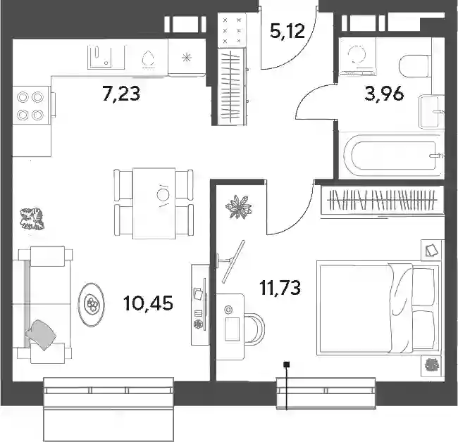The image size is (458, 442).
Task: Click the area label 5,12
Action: click(287, 32)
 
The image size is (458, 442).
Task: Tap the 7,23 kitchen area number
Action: click(121, 94)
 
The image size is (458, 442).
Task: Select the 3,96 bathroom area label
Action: click(384, 94)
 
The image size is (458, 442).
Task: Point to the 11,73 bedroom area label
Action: click(280, 288)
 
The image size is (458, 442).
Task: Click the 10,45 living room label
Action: click(148, 303)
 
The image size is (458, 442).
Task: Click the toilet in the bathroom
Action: click(415, 67)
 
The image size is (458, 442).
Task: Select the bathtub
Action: click(391, 156)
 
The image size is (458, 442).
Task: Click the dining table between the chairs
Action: click(154, 203)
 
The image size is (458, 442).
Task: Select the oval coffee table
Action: click(91, 305)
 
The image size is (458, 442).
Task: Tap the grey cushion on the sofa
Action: click(41, 334)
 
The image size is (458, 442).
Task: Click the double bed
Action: click(378, 308)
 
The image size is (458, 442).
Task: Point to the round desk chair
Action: click(254, 327)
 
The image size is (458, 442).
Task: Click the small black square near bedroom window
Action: click(287, 364)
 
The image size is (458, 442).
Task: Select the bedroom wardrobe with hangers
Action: click(383, 200)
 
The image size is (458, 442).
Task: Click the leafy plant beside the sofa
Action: click(32, 218)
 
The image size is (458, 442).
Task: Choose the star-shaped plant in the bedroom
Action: click(239, 207)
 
